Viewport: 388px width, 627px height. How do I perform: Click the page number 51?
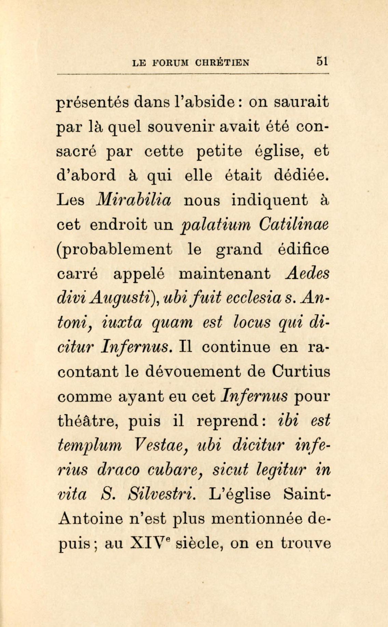tap(322, 61)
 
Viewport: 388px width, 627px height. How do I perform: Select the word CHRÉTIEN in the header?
tap(222, 63)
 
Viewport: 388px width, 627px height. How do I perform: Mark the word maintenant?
tap(224, 274)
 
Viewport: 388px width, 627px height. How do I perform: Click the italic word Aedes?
tap(307, 274)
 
